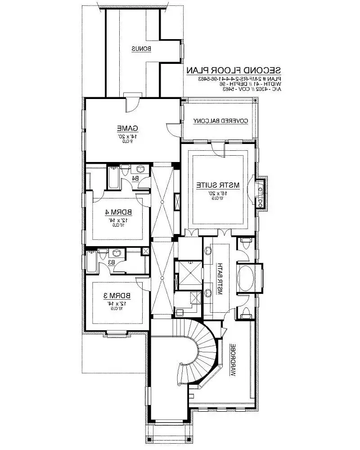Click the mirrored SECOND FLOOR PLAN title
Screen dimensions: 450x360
tap(234, 71)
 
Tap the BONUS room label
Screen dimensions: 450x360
tap(141, 49)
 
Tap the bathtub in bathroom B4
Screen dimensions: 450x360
tap(112, 178)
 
